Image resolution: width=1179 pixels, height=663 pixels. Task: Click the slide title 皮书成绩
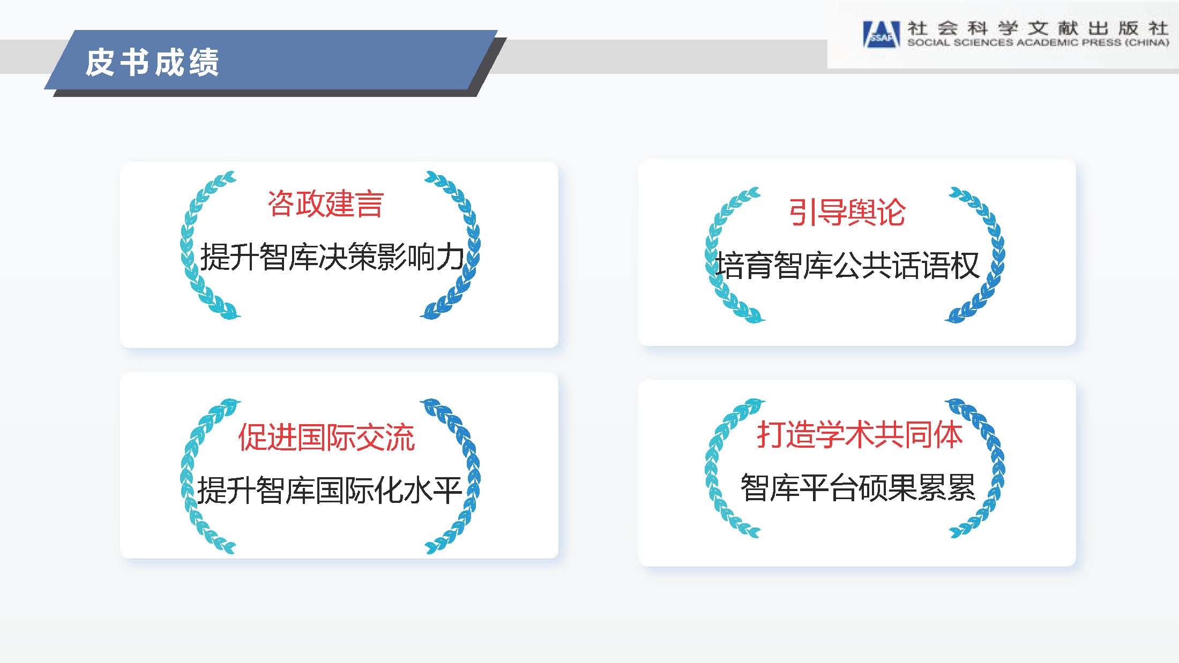(152, 62)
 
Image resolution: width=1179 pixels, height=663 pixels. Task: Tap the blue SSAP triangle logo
(881, 34)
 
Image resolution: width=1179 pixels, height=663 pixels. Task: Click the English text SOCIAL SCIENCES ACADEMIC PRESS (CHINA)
(1038, 42)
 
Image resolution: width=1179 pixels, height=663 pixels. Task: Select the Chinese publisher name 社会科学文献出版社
(1038, 28)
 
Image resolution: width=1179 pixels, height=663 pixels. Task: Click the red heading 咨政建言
(325, 204)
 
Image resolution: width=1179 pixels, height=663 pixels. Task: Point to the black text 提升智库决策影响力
(332, 257)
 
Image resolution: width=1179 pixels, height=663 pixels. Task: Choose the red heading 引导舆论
(847, 212)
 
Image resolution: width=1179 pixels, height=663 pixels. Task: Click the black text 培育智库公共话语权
(848, 265)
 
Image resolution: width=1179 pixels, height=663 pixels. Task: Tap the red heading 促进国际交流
(326, 438)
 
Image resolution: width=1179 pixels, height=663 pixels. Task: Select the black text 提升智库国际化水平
(330, 489)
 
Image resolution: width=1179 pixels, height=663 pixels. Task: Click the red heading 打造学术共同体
(860, 434)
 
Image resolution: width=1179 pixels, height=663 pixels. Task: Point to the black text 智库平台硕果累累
(857, 487)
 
